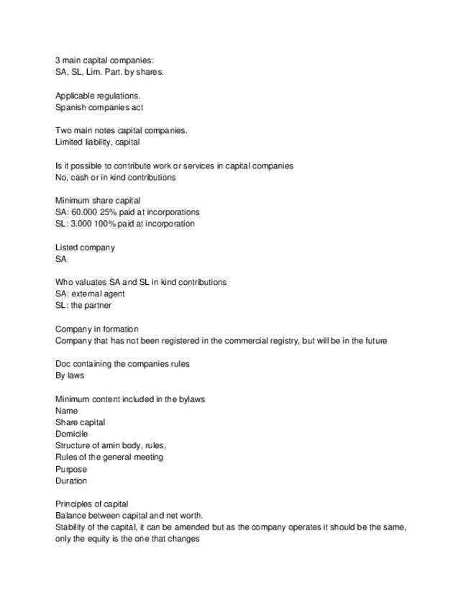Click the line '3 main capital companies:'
(x=104, y=60)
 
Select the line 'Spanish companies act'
(x=99, y=107)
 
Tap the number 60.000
(x=86, y=212)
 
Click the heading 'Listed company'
(x=85, y=247)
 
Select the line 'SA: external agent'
(x=90, y=293)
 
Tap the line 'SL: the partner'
(x=83, y=305)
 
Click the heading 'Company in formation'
(x=96, y=329)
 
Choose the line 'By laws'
(x=70, y=375)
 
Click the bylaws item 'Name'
(x=67, y=411)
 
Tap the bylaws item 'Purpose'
(x=71, y=469)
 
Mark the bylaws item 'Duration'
(x=71, y=481)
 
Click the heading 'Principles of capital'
(x=91, y=504)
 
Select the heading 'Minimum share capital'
(x=98, y=200)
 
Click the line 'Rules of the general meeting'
(x=109, y=457)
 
